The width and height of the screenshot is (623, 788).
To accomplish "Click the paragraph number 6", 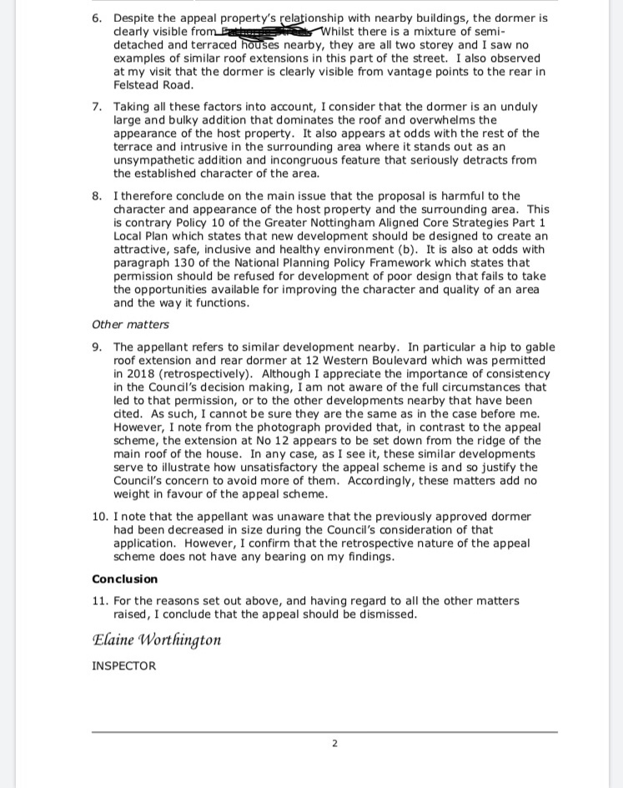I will click(96, 18).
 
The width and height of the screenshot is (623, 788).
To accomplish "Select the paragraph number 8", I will click(96, 196).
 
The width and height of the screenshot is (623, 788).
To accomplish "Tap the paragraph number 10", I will click(98, 517).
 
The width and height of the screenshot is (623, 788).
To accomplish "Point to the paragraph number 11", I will click(98, 601).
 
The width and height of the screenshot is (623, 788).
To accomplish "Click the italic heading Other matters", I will click(130, 325).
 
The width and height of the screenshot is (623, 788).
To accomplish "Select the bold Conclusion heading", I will click(124, 579).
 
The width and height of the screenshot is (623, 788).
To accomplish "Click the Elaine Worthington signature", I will click(157, 639).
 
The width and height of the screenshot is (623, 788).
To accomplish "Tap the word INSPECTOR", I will click(123, 666).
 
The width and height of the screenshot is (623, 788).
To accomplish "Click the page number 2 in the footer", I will click(334, 743).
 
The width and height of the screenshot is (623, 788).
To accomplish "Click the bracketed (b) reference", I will click(414, 250).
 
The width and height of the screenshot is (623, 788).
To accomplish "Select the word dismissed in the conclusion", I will click(389, 614).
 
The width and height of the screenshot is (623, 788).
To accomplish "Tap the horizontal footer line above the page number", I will click(324, 732).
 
